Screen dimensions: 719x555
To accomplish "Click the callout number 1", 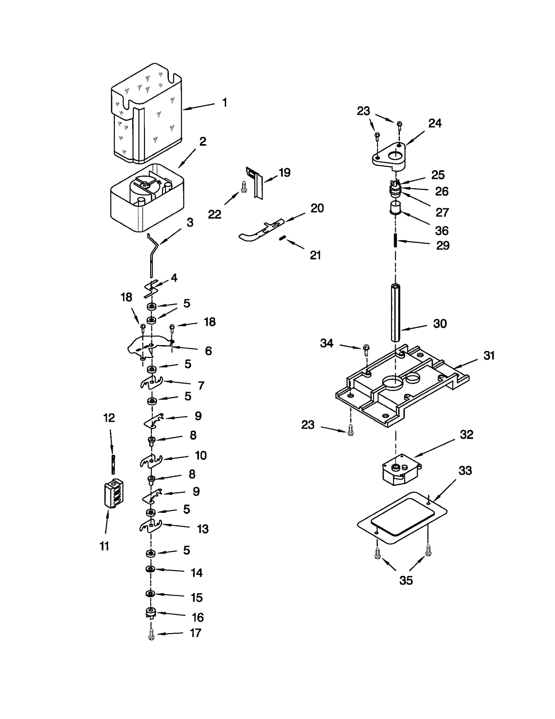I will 225,103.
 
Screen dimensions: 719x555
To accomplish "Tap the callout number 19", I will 284,173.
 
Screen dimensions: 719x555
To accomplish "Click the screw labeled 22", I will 244,187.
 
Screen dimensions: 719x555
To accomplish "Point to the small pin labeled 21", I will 283,238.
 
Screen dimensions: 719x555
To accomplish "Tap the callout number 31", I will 489,356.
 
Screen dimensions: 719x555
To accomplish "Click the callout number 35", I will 406,580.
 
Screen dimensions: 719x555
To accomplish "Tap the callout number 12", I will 109,418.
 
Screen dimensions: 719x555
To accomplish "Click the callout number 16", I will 198,617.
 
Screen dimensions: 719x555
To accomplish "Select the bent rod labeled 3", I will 153,255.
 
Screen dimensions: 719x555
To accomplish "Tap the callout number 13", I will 203,529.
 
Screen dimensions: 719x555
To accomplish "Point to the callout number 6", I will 208,351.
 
